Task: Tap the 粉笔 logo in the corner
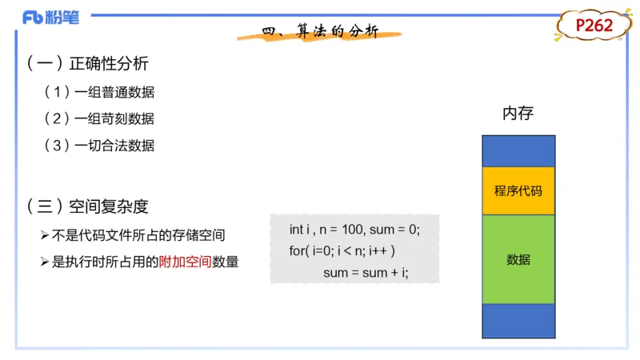(51, 17)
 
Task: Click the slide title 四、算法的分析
(320, 31)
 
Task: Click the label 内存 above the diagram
(518, 114)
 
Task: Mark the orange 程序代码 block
(518, 190)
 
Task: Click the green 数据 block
(518, 259)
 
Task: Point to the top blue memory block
(518, 150)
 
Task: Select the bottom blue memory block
(518, 320)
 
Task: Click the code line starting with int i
(354, 230)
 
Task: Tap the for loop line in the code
(342, 251)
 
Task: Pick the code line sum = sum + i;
(366, 273)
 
